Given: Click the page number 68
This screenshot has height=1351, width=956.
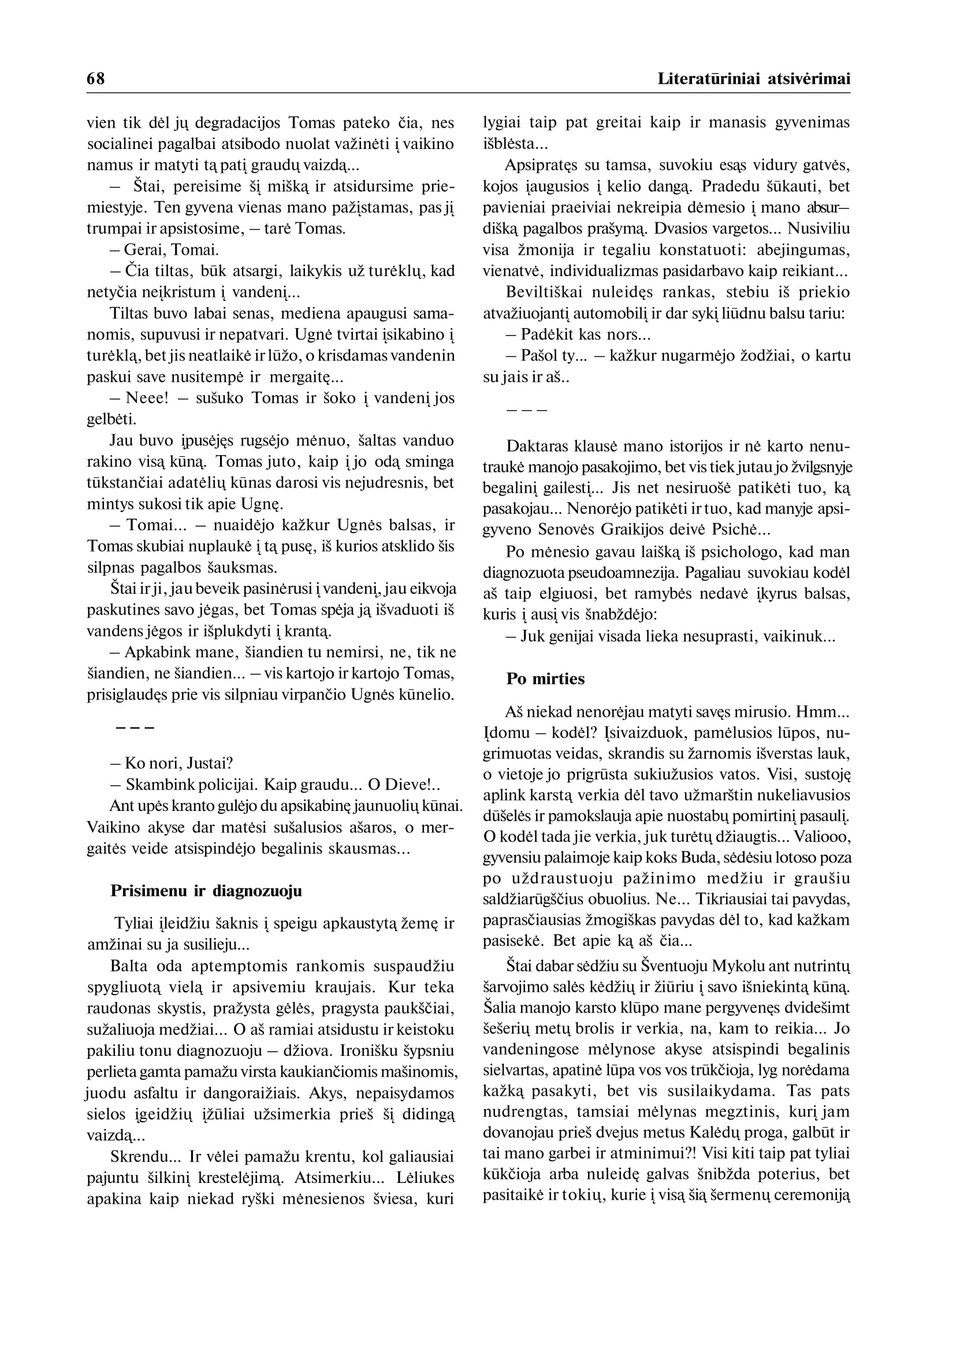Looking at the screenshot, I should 95,79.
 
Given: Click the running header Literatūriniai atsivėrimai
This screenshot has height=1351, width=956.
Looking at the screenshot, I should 753,79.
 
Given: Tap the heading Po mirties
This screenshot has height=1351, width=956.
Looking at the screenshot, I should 545,679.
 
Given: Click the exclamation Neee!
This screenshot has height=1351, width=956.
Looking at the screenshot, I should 147,398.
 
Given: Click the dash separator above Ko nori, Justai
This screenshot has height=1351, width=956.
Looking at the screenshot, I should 135,728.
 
